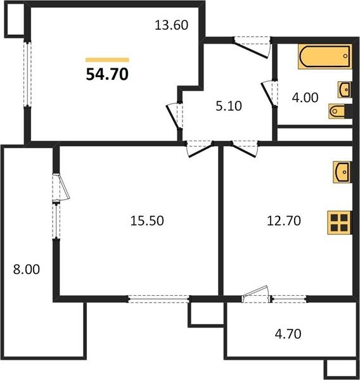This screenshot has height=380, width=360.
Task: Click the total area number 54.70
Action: coord(107,74)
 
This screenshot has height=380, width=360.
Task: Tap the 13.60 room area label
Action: coord(172,25)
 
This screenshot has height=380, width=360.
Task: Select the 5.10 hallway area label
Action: coord(229,106)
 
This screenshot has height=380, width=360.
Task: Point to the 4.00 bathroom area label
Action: coord(305,98)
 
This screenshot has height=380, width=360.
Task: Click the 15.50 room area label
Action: coord(147,221)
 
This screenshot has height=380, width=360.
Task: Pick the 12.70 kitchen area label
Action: coord(284,221)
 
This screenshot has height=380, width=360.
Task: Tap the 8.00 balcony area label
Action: coord(27,270)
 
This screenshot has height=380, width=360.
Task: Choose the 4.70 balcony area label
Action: coord(288,334)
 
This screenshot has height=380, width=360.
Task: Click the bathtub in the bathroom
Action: coord(325,56)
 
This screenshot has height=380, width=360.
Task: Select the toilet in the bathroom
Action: coord(339,111)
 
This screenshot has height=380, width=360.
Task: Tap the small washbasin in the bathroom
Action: coord(345,90)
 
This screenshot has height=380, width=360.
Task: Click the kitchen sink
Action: coord(342,172)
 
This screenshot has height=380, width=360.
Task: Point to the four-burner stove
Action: coord(339,223)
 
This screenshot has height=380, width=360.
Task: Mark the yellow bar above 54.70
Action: coord(107,60)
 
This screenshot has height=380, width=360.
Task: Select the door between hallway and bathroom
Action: coord(269,93)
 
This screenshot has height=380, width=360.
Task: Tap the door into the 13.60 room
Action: coord(175,116)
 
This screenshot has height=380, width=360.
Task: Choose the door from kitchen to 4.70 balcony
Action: coord(256,294)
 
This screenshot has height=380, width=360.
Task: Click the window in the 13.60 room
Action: coord(27,74)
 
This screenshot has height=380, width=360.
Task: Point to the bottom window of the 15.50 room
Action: coord(158,299)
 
